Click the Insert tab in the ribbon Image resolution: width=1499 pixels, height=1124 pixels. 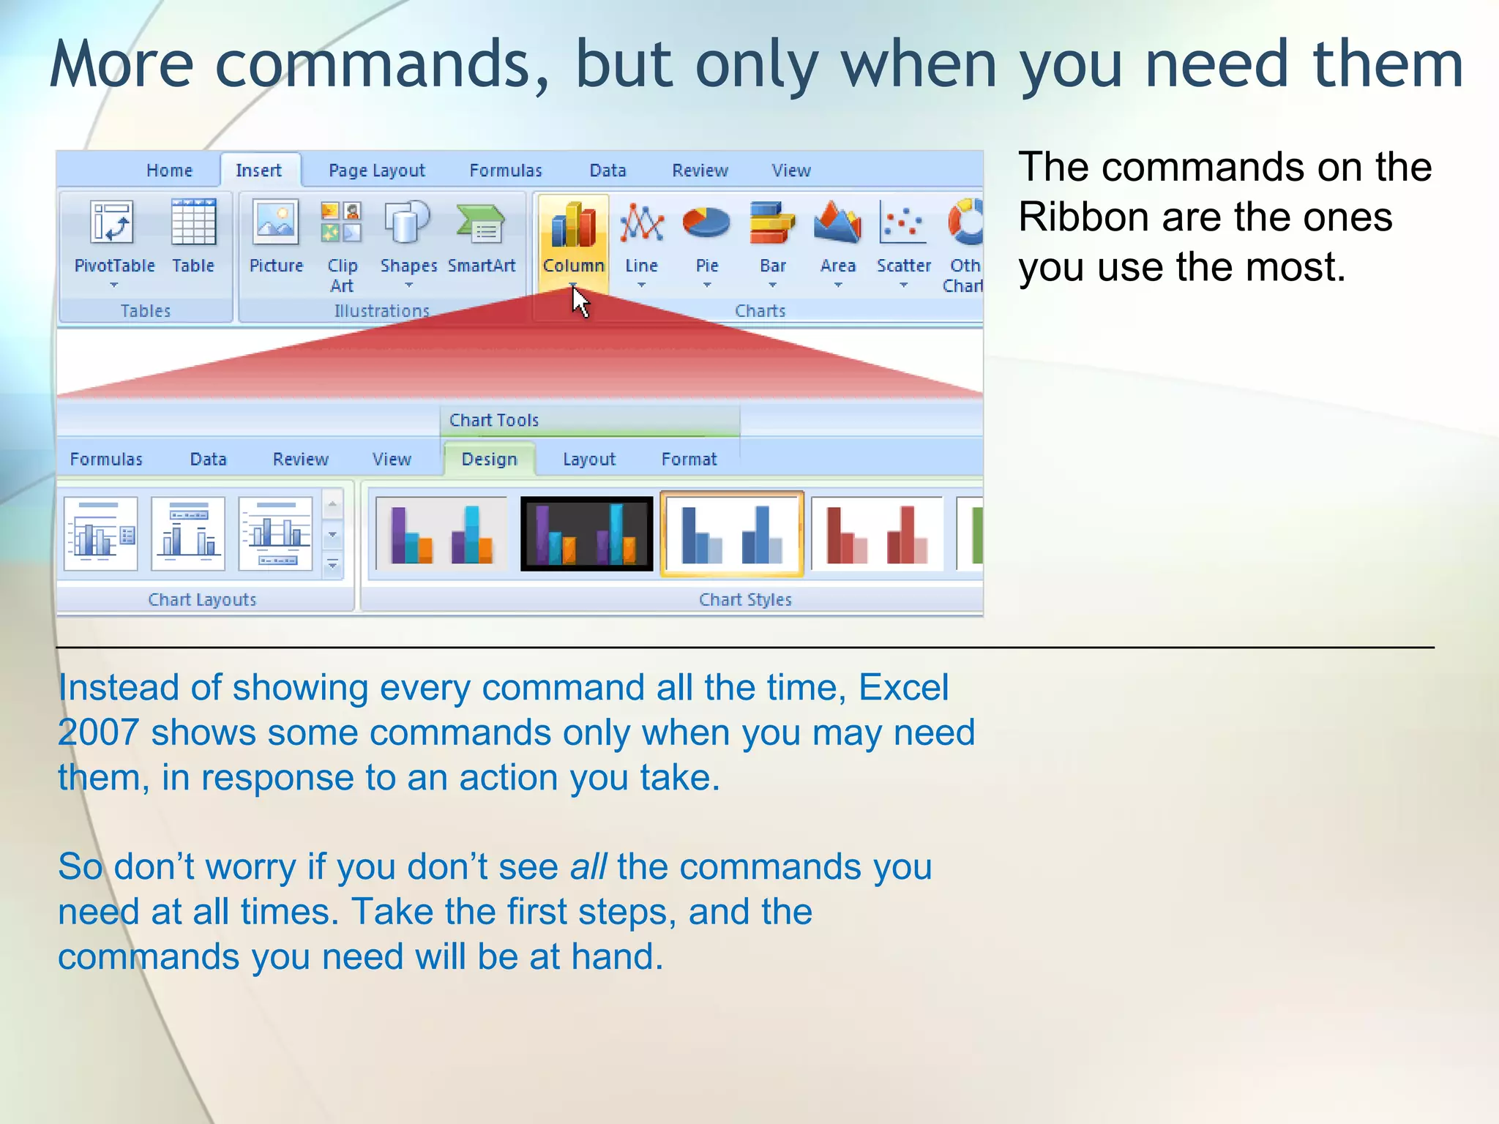tap(258, 171)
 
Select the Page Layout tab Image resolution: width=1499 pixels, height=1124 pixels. tap(376, 171)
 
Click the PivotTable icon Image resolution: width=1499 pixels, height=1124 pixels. tap(113, 222)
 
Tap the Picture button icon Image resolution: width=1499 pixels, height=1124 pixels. tap(276, 222)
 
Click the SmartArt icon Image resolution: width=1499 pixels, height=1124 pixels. tap(480, 224)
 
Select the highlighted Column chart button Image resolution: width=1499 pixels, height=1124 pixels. tap(573, 241)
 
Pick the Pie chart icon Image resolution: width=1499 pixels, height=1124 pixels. tap(706, 223)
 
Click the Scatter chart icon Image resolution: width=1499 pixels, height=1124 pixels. tap(902, 223)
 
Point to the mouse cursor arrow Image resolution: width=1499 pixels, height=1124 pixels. tap(579, 301)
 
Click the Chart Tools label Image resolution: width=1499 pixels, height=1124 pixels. tap(494, 420)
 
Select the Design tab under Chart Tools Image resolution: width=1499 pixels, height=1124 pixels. tap(489, 460)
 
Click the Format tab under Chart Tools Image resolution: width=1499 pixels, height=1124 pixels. tap(689, 460)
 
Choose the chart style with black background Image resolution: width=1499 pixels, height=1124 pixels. tap(586, 534)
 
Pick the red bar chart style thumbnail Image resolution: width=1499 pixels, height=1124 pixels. tap(877, 534)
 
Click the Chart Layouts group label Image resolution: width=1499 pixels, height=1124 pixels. tap(202, 600)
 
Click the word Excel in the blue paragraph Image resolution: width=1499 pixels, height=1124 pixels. tap(903, 688)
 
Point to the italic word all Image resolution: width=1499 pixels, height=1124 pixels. tap(588, 867)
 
